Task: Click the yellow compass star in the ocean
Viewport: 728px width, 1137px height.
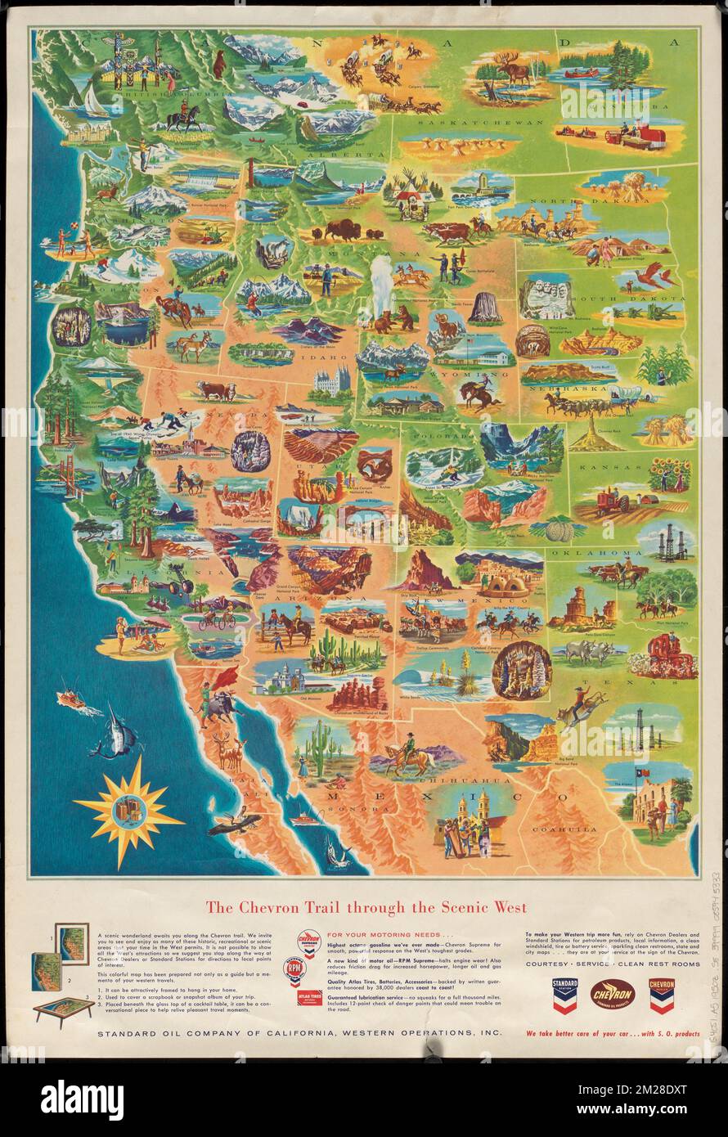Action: (128, 810)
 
